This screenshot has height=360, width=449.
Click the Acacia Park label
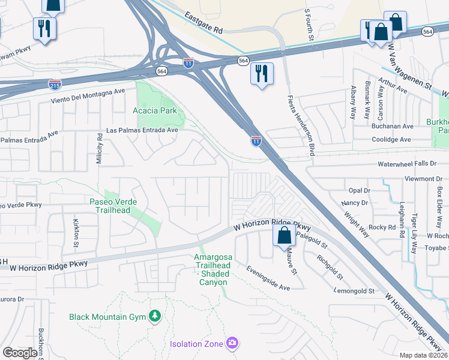pos(154,110)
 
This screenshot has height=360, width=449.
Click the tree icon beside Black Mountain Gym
pos(155,316)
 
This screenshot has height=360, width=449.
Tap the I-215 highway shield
pos(55,85)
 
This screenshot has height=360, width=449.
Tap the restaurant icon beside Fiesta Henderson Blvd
pos(262,74)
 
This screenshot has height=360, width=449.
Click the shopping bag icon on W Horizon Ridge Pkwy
pos(285,235)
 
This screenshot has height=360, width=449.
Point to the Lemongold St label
pos(354,291)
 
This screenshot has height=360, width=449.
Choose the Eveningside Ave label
pos(268,280)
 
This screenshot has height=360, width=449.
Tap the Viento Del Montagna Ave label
pos(88,91)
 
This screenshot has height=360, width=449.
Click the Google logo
pos(20,353)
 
